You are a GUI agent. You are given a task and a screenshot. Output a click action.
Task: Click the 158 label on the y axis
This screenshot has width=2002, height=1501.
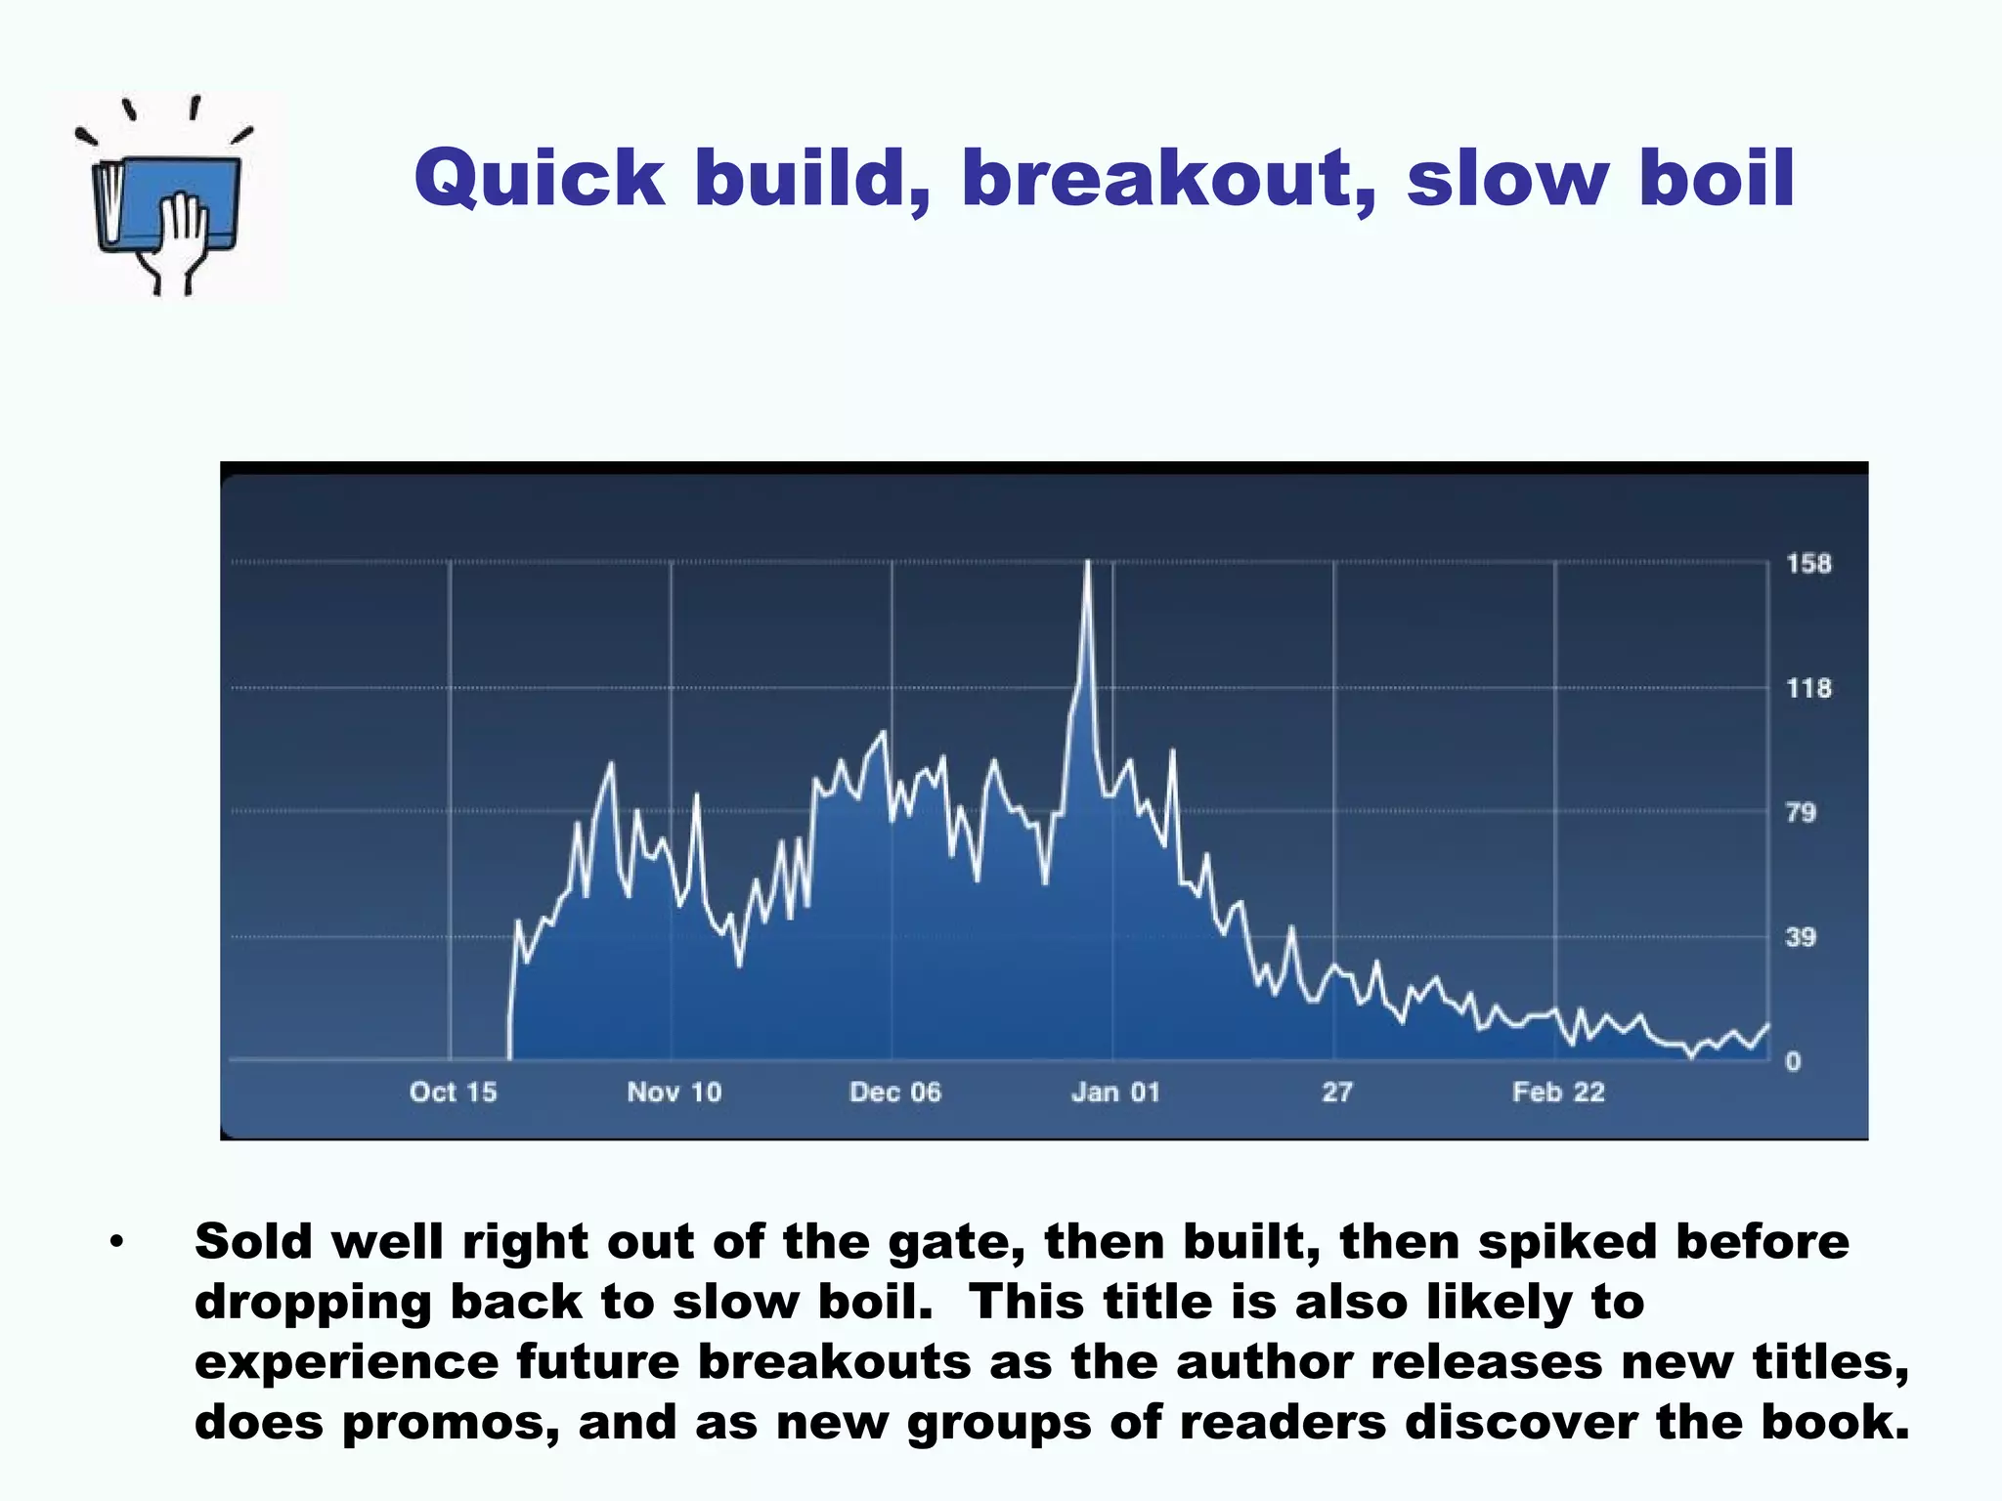point(1808,564)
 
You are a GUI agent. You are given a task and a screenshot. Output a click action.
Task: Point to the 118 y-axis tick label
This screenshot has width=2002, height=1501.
point(1808,689)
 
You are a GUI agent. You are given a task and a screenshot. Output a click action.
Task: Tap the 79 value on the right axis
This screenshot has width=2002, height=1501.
point(1801,813)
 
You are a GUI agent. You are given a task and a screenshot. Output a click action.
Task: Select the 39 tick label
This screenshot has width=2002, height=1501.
point(1801,938)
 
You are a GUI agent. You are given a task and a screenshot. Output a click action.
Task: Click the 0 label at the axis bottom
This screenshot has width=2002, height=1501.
point(1793,1062)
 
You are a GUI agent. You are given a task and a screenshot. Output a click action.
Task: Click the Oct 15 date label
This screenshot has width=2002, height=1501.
point(453,1093)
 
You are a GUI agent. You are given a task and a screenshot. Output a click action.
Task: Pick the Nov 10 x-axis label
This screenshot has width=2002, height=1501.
point(674,1093)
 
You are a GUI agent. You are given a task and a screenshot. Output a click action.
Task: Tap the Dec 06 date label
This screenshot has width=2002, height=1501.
point(894,1093)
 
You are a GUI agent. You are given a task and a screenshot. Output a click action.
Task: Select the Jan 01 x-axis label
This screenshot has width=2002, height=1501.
point(1115,1093)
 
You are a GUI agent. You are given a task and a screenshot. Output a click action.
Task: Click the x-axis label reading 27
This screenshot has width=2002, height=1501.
point(1336,1093)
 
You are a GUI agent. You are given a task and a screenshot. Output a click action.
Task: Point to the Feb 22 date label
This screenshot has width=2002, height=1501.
point(1558,1093)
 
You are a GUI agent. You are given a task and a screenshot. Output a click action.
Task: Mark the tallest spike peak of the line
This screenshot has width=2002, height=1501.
point(1087,563)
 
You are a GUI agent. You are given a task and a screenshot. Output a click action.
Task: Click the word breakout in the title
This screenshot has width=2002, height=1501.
point(1168,179)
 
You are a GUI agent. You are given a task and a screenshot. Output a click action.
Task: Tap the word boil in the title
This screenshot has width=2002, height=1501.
point(1717,179)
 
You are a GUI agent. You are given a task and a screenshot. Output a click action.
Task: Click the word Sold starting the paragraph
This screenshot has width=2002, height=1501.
point(254,1242)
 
